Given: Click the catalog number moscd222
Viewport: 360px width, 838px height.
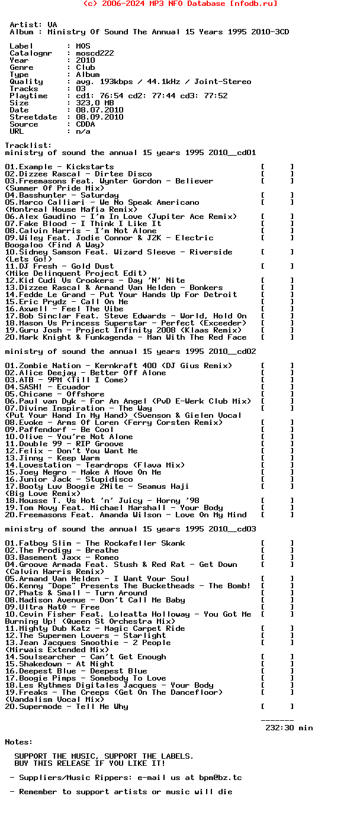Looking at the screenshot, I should click(x=95, y=53).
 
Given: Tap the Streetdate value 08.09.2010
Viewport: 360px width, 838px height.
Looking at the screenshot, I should click(x=99, y=117).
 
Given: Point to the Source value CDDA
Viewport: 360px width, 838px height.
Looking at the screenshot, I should click(x=85, y=124).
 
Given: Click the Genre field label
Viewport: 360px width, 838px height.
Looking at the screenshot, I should click(x=21, y=67).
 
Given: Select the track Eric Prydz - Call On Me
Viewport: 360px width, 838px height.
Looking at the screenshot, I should click(x=66, y=302).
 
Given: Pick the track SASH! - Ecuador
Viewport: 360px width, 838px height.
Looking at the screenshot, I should click(x=47, y=387).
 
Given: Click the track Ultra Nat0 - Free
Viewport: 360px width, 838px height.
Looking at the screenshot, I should click(x=52, y=607).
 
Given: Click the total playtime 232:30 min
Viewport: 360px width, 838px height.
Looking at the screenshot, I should click(x=289, y=728).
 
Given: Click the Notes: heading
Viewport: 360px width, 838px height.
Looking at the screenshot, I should click(x=19, y=742).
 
